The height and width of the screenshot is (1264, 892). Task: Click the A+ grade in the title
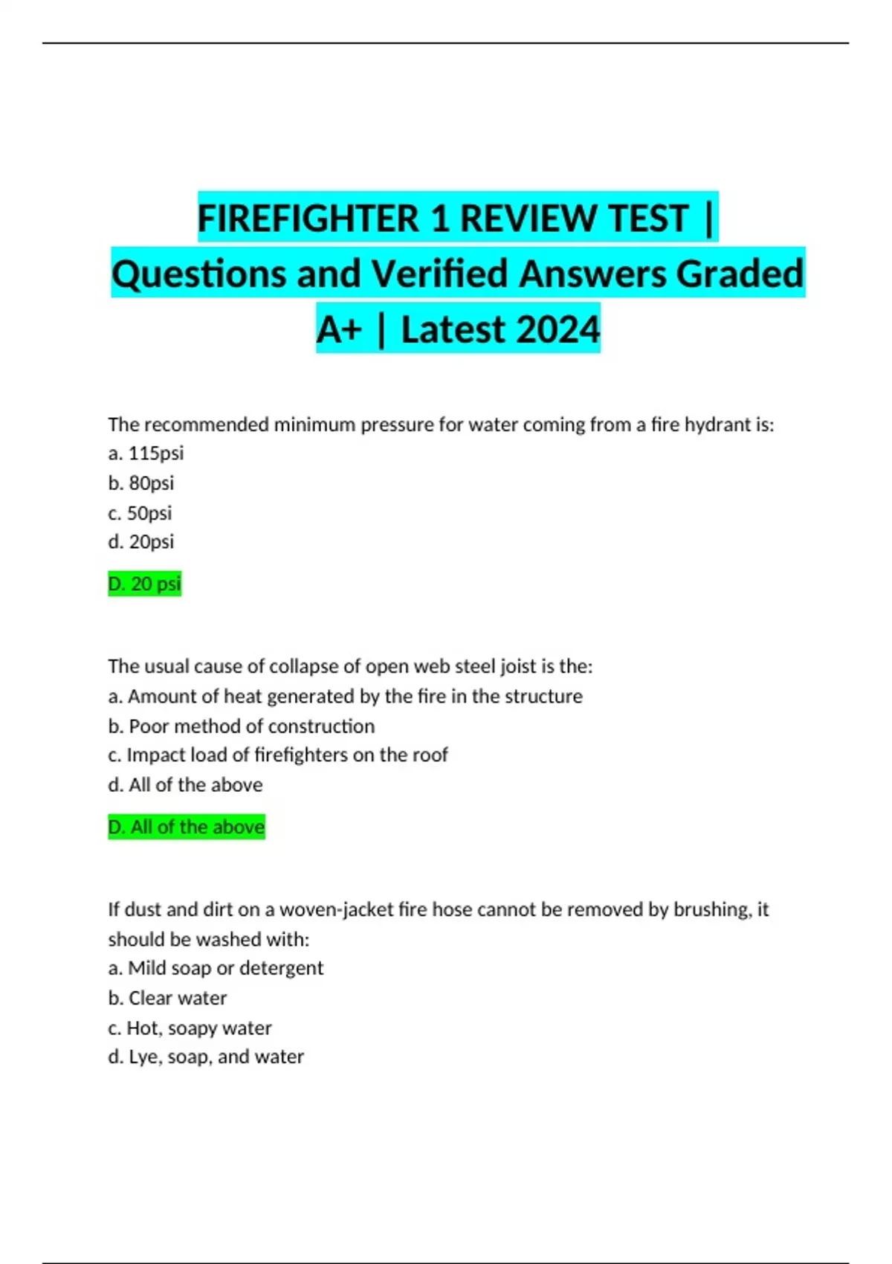tap(338, 329)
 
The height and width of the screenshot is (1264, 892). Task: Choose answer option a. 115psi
tap(146, 454)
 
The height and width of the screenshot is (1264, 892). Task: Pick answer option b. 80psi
tap(141, 483)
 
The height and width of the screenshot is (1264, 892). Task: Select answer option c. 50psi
tap(140, 513)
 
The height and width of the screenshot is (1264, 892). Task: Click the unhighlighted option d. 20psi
tap(141, 542)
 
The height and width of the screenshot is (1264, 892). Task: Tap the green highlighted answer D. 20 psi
tap(145, 584)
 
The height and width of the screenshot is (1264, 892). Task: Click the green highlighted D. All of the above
tap(187, 828)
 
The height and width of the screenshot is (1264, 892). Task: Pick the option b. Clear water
tap(167, 999)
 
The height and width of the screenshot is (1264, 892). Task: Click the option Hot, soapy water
tap(190, 1028)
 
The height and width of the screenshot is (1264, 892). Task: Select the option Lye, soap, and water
tap(206, 1057)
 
